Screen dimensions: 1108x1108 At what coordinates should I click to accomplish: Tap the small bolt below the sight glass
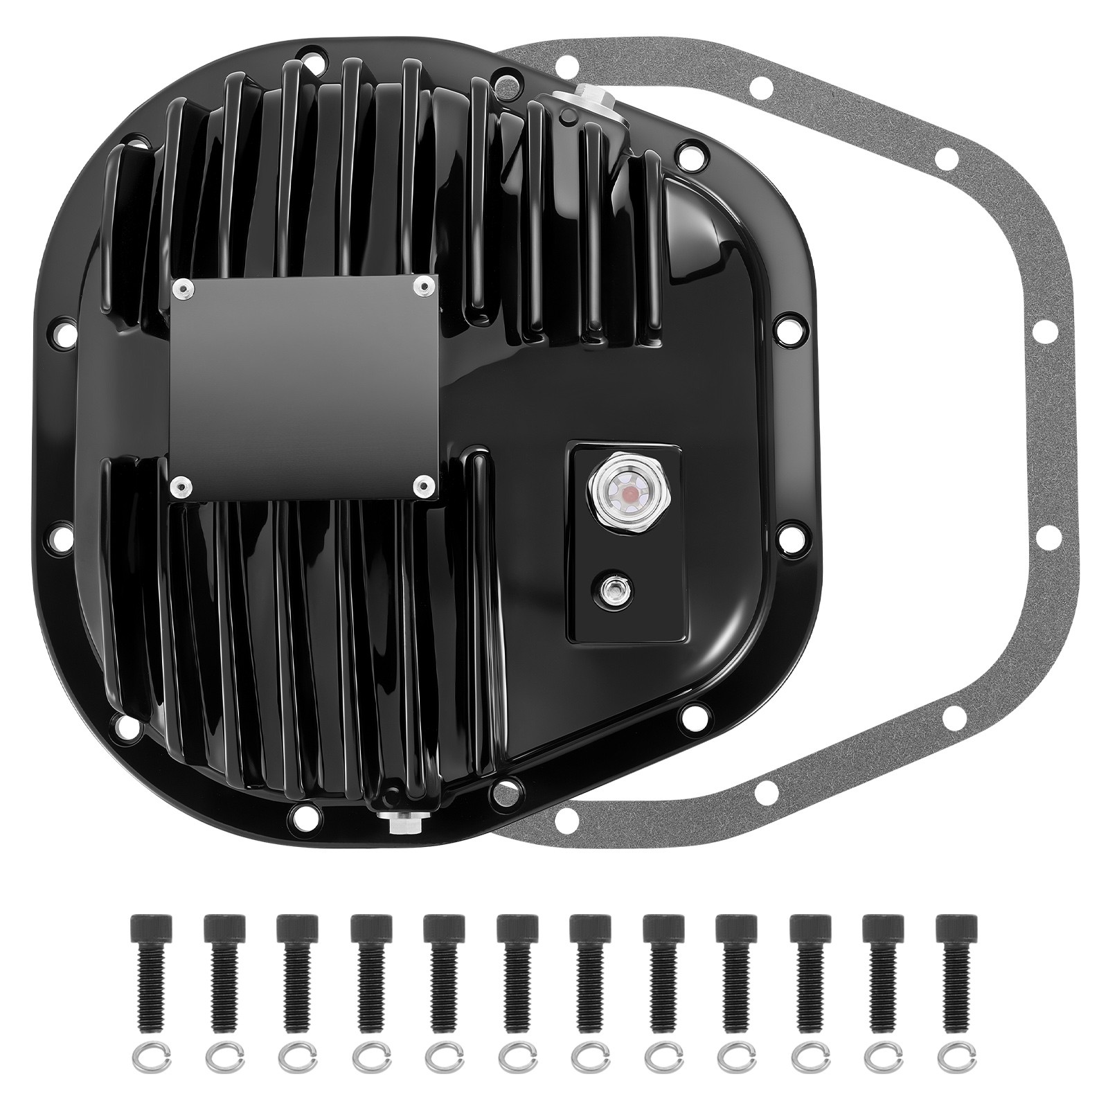click(612, 589)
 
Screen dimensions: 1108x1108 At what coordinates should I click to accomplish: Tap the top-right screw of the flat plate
click(421, 287)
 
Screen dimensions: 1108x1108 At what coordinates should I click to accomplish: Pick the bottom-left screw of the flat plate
click(180, 486)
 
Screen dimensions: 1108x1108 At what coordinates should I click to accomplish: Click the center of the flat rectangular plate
click(303, 386)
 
